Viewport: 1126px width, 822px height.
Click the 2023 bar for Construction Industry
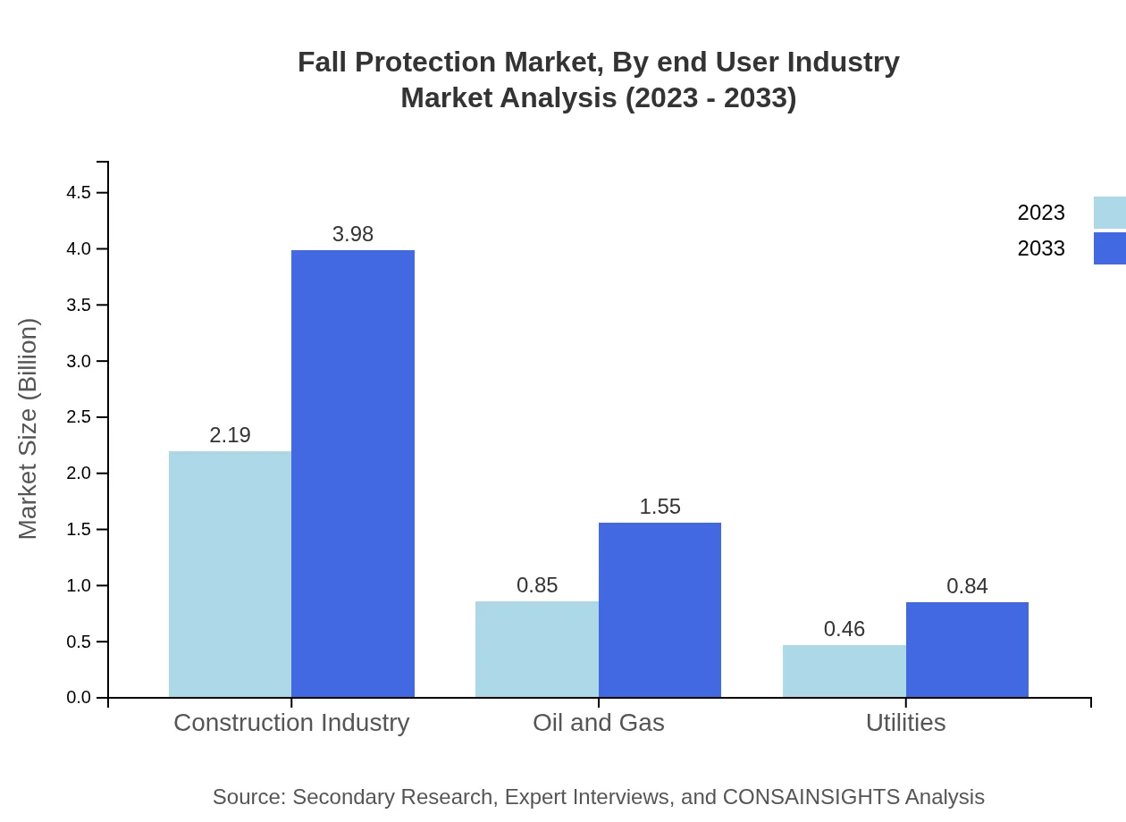[x=230, y=574]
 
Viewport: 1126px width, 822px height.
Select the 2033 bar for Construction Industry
[x=353, y=474]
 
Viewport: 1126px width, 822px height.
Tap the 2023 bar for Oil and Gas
[x=536, y=649]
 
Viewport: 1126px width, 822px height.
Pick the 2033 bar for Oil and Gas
[x=660, y=609]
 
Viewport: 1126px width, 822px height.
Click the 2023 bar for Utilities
[x=844, y=670]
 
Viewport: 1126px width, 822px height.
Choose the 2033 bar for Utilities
[x=967, y=650]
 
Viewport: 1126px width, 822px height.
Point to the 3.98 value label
[x=353, y=234]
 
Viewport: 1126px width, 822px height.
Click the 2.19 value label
[x=230, y=435]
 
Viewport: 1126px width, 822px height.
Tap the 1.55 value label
[x=660, y=507]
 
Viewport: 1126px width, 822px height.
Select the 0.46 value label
[x=844, y=629]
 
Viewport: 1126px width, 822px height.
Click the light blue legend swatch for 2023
[x=1109, y=213]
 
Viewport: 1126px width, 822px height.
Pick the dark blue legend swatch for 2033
[x=1109, y=248]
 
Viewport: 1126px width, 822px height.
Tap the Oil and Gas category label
[x=598, y=722]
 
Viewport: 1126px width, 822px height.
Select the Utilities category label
[x=905, y=722]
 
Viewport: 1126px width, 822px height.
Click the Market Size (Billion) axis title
[x=28, y=429]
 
